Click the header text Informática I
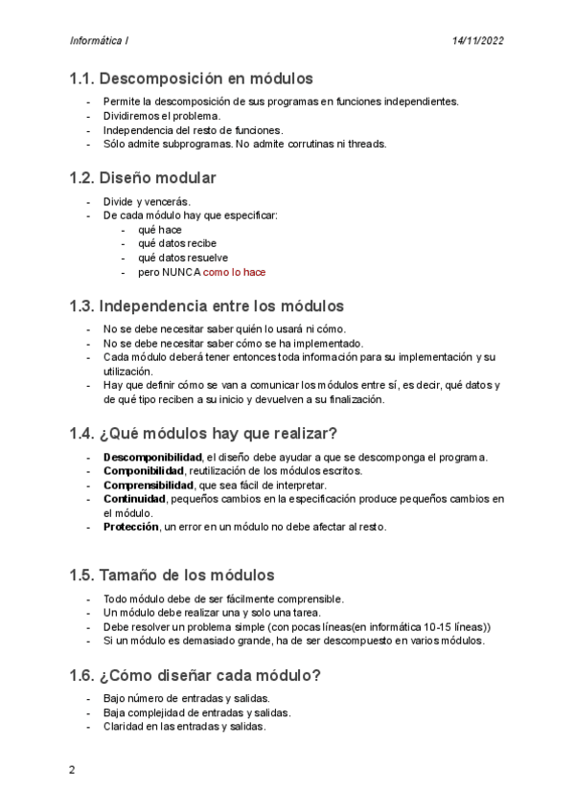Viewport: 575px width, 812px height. [99, 41]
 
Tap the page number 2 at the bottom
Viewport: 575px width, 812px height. [72, 769]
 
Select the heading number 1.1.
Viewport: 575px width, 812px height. [81, 79]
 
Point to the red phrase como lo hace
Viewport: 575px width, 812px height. [234, 272]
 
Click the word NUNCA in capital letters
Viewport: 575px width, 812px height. [181, 272]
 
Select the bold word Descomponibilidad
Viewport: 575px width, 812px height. [152, 457]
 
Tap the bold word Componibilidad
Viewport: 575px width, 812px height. [144, 471]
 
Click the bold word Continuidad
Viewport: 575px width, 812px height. [134, 499]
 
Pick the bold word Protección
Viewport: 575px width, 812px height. [131, 527]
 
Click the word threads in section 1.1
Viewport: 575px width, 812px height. [368, 144]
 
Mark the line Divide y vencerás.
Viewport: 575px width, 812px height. [147, 201]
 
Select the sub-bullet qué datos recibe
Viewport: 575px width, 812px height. [177, 243]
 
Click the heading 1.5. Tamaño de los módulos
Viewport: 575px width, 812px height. [172, 575]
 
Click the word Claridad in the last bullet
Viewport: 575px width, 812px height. [125, 726]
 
